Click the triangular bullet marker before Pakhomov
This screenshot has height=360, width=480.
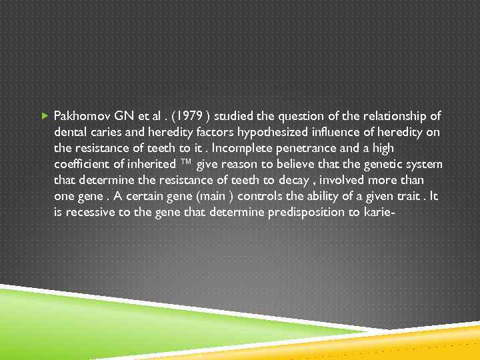pyautogui.click(x=44, y=115)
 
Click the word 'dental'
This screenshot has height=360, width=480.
pyautogui.click(x=69, y=131)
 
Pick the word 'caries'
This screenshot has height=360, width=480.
pyautogui.click(x=106, y=131)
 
